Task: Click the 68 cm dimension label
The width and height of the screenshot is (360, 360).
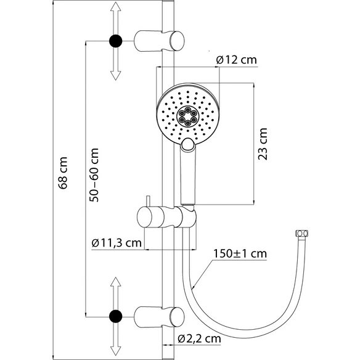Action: (63, 173)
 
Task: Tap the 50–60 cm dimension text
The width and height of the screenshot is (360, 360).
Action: (94, 175)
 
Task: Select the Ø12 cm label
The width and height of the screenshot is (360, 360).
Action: (236, 60)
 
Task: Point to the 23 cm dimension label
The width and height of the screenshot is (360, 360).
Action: (263, 144)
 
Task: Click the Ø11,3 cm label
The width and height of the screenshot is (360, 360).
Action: (117, 243)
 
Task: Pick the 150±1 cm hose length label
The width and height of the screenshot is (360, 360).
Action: (240, 254)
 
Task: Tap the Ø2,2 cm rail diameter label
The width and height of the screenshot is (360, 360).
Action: (199, 338)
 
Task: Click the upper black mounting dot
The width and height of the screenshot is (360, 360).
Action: (116, 41)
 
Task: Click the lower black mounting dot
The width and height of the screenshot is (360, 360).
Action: (116, 316)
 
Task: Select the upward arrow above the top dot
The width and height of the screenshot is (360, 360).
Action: (116, 18)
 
